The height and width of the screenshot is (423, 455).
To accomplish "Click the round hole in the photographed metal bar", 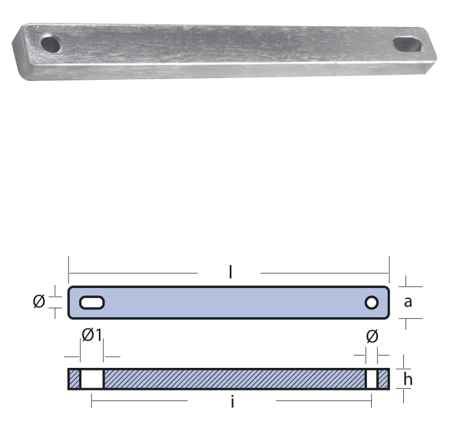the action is pyautogui.click(x=51, y=44).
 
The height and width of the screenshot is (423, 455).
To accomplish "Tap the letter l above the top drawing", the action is pyautogui.click(x=230, y=272).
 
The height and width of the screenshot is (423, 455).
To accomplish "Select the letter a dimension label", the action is pyautogui.click(x=408, y=302).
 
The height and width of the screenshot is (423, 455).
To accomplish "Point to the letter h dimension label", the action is pyautogui.click(x=408, y=379).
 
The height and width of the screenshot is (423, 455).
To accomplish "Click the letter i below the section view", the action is pyautogui.click(x=233, y=402).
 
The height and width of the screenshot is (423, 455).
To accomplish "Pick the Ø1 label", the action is pyautogui.click(x=92, y=335).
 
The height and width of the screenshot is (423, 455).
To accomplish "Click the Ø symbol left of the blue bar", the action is pyautogui.click(x=39, y=301).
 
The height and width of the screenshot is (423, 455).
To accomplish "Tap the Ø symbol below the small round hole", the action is pyautogui.click(x=372, y=336).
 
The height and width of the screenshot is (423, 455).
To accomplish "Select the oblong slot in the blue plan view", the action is pyautogui.click(x=92, y=303).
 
